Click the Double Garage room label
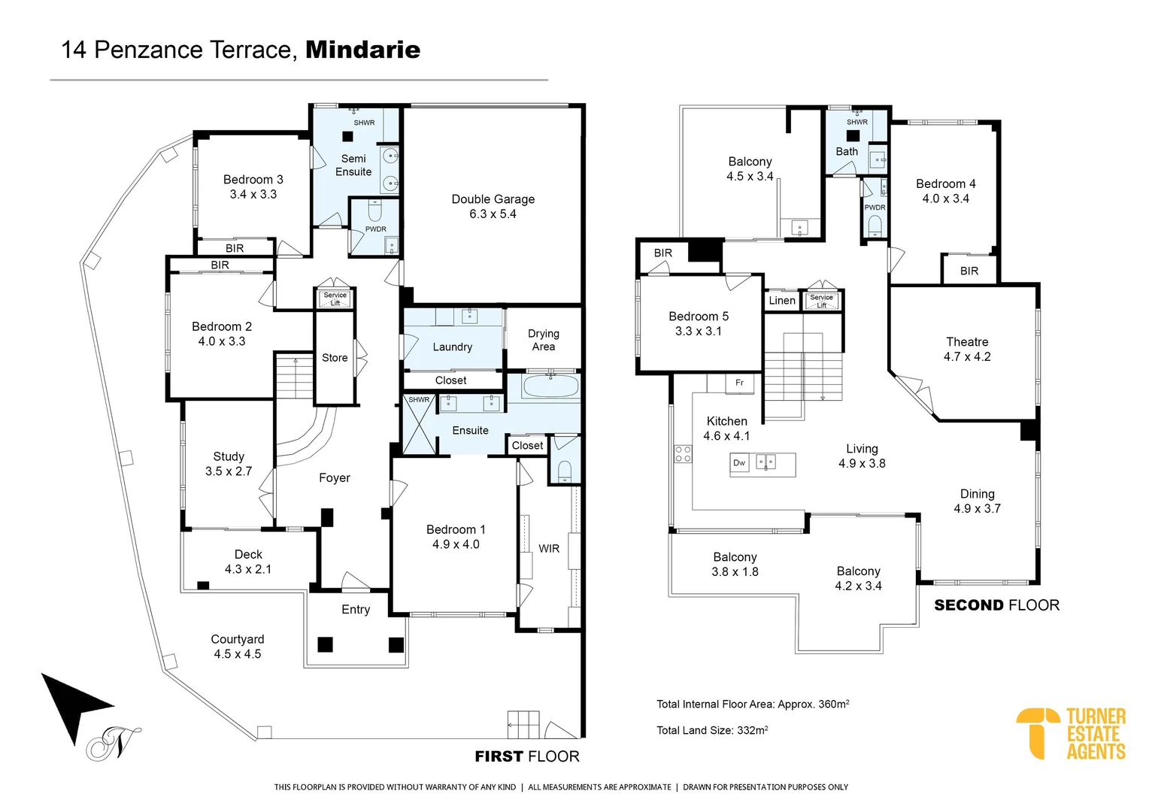pos(493,199)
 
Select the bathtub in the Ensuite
pos(550,386)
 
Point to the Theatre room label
pos(966,342)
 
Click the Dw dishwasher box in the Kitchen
pos(739,463)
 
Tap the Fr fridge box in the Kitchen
pos(739,383)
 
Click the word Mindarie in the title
pos(362,50)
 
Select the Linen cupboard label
pos(781,301)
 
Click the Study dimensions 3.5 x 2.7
pos(229,471)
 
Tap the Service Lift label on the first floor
pos(335,298)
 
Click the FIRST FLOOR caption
pos(526,756)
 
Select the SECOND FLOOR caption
pos(996,605)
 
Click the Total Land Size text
pos(711,730)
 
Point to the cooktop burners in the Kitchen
pos(683,453)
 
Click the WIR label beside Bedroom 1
pos(549,549)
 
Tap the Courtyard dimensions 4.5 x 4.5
pos(237,654)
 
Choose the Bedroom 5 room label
pos(698,317)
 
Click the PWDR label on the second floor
pos(875,208)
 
